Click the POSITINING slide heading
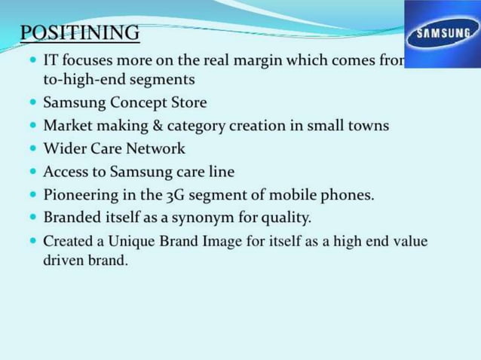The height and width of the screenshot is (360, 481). pos(79,33)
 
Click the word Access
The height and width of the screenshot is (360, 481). pos(66,172)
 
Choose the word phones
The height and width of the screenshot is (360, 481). pos(347,195)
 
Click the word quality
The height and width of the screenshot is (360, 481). pos(285,218)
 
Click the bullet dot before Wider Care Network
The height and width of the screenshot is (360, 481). pos(33,148)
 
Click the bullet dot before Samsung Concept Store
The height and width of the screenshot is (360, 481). pos(33,102)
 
